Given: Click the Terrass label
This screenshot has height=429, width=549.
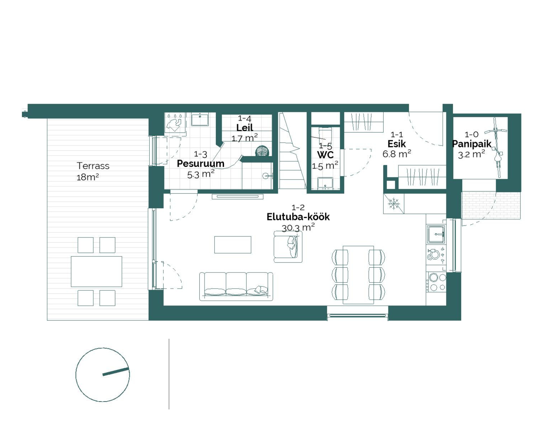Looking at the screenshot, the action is pyautogui.click(x=93, y=166).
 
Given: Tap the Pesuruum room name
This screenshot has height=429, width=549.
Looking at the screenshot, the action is pyautogui.click(x=200, y=163).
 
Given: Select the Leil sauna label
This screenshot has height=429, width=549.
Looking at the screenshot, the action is pyautogui.click(x=245, y=128).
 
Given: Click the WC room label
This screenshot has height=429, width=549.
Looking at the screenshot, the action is pyautogui.click(x=325, y=155).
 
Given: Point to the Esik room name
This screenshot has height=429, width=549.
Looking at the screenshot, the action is pyautogui.click(x=397, y=144).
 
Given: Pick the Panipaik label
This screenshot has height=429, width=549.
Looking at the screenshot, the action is pyautogui.click(x=471, y=144).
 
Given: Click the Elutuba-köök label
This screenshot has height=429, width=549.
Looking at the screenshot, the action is pyautogui.click(x=298, y=217).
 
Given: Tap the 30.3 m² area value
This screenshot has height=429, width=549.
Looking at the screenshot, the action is pyautogui.click(x=298, y=228).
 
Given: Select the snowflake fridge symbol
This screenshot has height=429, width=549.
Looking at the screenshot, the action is pyautogui.click(x=393, y=204).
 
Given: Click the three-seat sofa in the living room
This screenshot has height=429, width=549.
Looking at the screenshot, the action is pyautogui.click(x=236, y=286).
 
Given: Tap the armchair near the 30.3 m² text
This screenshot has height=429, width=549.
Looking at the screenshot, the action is pyautogui.click(x=288, y=247).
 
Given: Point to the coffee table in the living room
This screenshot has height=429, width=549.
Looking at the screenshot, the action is pyautogui.click(x=233, y=245).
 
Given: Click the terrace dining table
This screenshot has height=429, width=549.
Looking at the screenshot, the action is pyautogui.click(x=96, y=271).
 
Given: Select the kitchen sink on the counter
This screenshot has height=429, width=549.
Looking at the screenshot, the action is pyautogui.click(x=436, y=234).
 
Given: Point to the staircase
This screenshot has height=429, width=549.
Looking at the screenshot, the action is pyautogui.click(x=293, y=151).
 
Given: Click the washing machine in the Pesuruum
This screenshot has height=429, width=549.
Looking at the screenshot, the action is pyautogui.click(x=175, y=122).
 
